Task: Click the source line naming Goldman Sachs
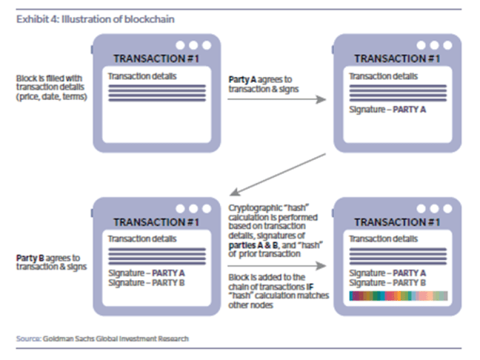102,339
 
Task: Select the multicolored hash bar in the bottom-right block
398,296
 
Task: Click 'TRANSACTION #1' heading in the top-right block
396,58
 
